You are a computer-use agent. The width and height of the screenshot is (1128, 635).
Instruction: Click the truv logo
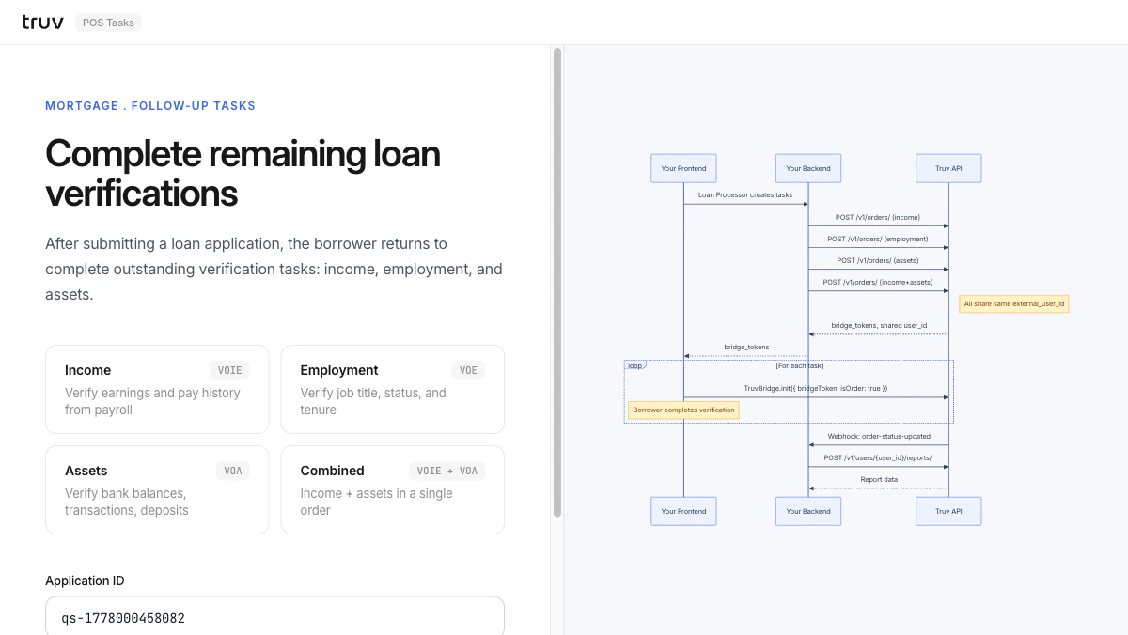point(43,23)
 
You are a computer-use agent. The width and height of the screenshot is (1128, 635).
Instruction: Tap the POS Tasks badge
point(108,23)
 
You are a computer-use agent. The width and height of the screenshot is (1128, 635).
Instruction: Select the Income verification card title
point(87,370)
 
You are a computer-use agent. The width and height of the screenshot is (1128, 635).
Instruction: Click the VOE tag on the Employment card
point(468,370)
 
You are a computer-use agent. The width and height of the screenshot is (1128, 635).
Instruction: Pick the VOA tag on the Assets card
point(233,471)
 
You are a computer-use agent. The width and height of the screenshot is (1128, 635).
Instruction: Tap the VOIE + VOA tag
point(447,471)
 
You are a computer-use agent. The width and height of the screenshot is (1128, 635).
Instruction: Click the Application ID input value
point(123,618)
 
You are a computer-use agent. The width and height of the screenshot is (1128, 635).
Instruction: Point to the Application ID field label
point(85,581)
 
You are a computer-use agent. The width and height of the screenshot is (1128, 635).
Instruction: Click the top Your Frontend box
point(683,168)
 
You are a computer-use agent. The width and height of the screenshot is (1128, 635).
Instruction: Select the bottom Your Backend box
point(808,511)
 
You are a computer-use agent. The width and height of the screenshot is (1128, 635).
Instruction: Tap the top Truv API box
point(948,168)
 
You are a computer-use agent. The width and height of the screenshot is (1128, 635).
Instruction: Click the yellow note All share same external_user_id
point(1014,304)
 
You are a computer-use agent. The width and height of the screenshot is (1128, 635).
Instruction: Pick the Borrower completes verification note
point(683,410)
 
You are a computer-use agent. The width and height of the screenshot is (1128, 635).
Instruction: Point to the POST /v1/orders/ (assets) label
point(878,260)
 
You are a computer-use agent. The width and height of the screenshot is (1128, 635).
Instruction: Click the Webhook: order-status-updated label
point(879,436)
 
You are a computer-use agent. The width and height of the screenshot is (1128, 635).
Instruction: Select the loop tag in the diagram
point(635,365)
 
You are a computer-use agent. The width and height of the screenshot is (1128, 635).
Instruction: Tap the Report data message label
point(879,479)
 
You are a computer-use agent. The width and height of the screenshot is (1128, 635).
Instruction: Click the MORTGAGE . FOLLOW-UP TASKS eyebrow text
point(150,105)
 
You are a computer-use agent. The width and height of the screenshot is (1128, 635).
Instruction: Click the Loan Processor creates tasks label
point(745,194)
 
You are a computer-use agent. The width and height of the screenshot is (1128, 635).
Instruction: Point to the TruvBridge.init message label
point(816,389)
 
